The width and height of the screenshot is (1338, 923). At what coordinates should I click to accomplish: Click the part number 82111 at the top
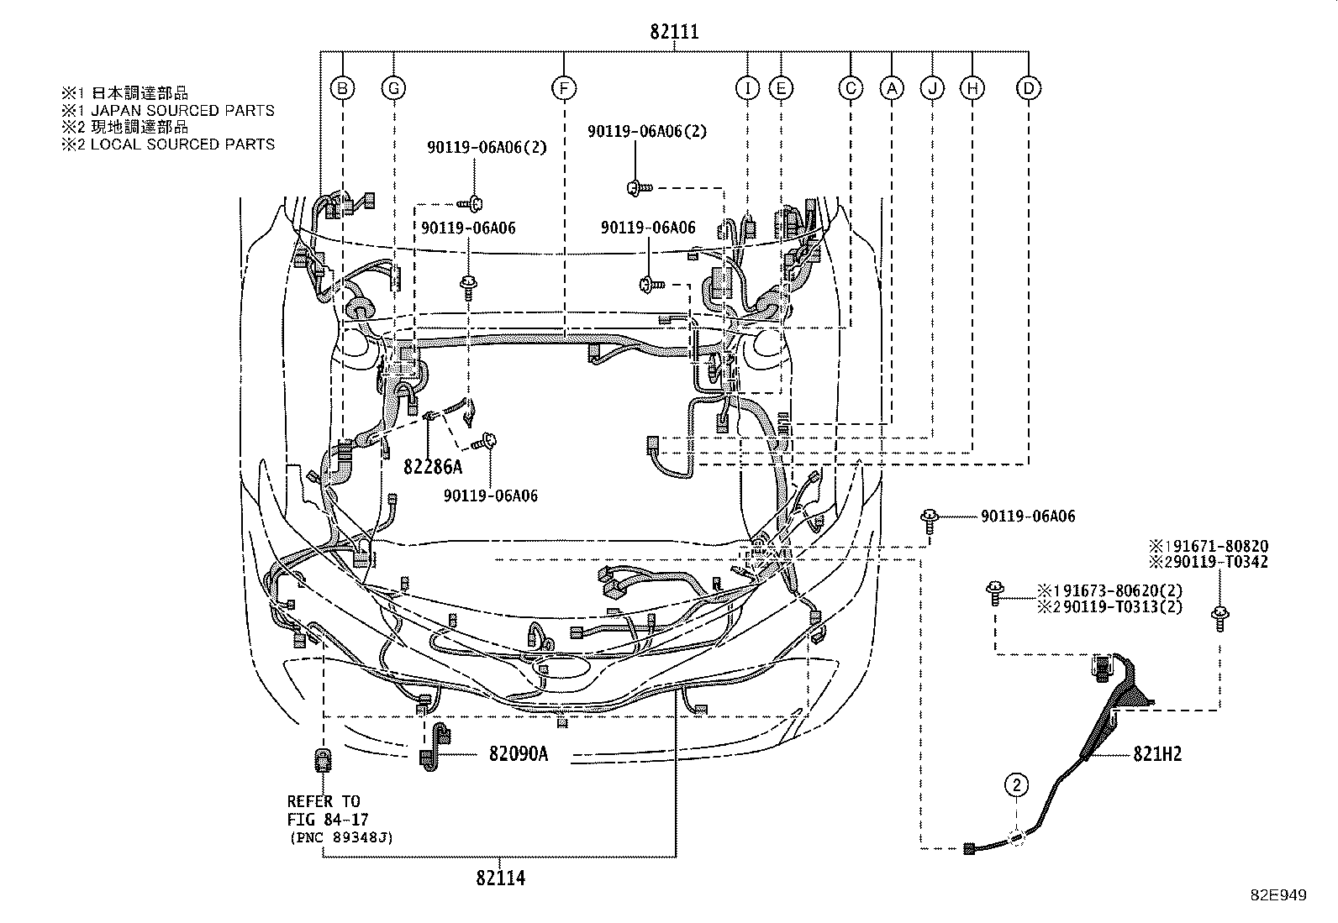coord(674,33)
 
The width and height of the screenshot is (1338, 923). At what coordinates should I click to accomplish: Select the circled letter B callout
coord(343,87)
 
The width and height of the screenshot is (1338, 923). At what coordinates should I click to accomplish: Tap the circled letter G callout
coord(393,87)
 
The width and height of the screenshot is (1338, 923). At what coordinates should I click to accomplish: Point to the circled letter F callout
coord(563,87)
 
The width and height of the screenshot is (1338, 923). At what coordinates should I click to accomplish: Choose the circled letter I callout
coord(746,87)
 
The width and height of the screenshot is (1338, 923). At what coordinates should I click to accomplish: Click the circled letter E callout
coord(781,87)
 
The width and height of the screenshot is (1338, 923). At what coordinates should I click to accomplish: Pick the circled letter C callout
coord(851,87)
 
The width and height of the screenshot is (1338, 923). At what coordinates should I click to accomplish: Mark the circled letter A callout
coord(891,87)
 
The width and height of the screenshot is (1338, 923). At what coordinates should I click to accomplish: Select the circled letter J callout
coord(932,87)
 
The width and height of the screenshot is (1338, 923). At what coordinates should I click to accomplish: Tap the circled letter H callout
coord(972,87)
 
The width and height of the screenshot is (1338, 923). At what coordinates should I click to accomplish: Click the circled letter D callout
coord(1029,87)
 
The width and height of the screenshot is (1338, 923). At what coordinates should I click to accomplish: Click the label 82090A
coord(518,754)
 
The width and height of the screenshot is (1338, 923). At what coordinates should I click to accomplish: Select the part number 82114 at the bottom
coord(500,878)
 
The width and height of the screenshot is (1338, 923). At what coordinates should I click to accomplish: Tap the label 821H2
coord(1157,754)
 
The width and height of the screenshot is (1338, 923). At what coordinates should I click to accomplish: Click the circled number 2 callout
coord(1017,785)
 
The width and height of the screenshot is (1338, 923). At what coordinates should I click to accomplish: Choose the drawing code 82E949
coord(1277,895)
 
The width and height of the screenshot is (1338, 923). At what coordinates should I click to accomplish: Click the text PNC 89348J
coord(340,837)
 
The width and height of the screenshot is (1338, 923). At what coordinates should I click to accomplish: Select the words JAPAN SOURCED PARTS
coord(182,110)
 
